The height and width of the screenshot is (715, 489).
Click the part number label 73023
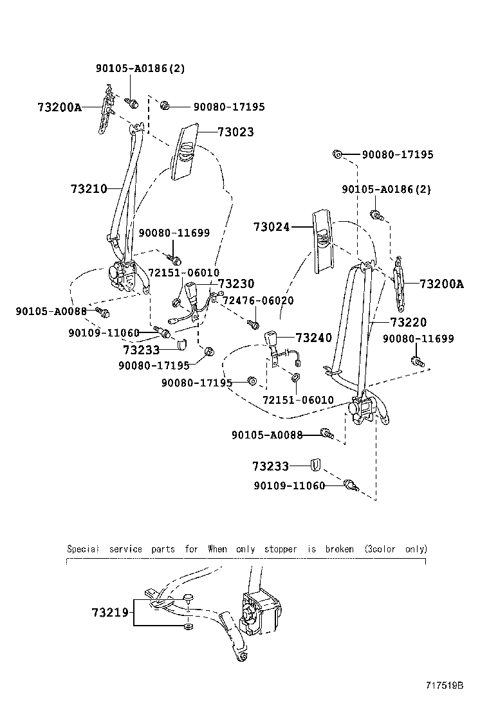pyautogui.click(x=235, y=132)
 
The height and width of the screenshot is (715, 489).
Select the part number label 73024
pyautogui.click(x=271, y=227)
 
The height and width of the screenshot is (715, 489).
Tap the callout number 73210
pyautogui.click(x=89, y=189)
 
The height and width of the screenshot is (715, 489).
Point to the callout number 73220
pyautogui.click(x=408, y=322)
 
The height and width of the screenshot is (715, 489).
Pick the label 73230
pyautogui.click(x=236, y=284)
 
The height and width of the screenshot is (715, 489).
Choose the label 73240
pyautogui.click(x=313, y=338)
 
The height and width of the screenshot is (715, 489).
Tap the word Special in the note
pyautogui.click(x=83, y=549)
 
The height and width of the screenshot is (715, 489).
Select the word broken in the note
pyautogui.click(x=339, y=549)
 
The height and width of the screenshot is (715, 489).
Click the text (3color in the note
pyautogui.click(x=379, y=549)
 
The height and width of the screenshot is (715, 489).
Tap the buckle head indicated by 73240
pyautogui.click(x=272, y=338)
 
